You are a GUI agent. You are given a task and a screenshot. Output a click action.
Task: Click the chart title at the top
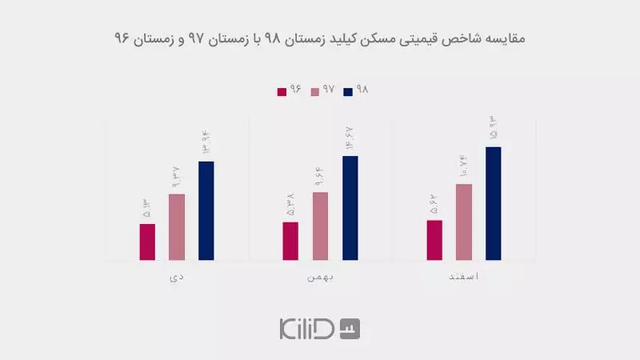[320, 38]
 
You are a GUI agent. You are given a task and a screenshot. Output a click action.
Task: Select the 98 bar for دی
[206, 210]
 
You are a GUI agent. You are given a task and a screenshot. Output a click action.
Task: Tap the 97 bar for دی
[177, 226]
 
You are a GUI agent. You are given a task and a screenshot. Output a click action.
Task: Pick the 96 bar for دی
[147, 242]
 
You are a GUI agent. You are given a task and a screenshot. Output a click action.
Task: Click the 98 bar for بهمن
[350, 207]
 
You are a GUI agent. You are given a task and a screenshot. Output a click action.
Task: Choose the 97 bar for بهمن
[320, 226]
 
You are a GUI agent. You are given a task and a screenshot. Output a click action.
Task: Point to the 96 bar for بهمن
[290, 241]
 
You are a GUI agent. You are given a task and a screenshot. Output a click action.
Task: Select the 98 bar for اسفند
[494, 203]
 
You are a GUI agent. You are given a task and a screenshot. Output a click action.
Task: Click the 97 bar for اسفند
[464, 222]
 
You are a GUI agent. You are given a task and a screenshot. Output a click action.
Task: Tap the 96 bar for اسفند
[434, 240]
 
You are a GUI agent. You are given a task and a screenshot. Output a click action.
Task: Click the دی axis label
[177, 277]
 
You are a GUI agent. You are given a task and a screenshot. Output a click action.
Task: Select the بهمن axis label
[320, 277]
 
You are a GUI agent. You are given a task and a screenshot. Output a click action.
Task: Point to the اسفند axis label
[464, 277]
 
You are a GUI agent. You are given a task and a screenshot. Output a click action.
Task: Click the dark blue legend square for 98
[347, 91]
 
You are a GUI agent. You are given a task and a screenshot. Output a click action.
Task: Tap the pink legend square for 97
[314, 91]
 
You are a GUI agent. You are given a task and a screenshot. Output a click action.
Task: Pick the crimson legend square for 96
[282, 91]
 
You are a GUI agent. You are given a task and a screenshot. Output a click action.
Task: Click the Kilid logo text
[307, 328]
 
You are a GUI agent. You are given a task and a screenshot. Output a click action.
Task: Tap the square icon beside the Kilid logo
[350, 328]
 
